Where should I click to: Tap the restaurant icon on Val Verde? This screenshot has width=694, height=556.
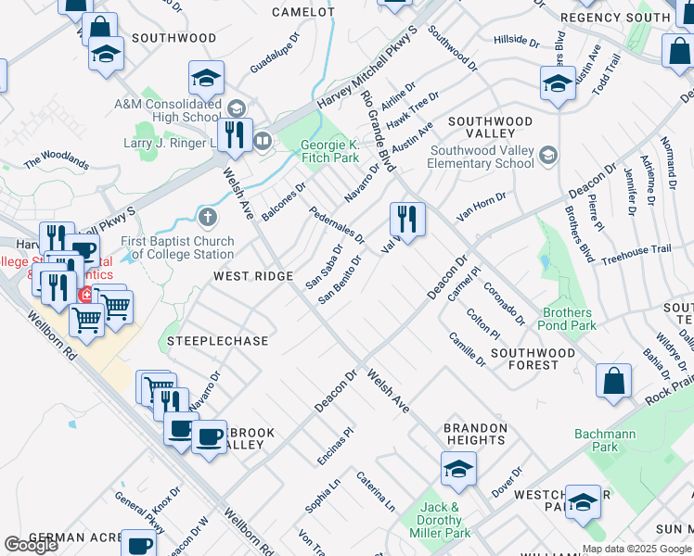pos(407,220)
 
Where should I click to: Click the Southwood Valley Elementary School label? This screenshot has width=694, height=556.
pos(482,158)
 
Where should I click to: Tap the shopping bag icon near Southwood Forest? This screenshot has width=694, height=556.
pos(614,381)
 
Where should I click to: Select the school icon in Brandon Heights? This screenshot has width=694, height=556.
pos(458,470)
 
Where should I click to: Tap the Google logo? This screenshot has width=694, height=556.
pos(32,545)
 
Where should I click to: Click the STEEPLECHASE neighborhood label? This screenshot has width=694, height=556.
pos(217,341)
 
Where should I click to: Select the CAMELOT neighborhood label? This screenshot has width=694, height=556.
pos(302,12)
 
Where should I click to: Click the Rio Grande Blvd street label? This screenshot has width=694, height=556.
pos(379,131)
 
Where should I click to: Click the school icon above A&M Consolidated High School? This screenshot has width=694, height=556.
pos(206,78)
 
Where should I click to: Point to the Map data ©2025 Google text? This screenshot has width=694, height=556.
pos(636,549)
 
